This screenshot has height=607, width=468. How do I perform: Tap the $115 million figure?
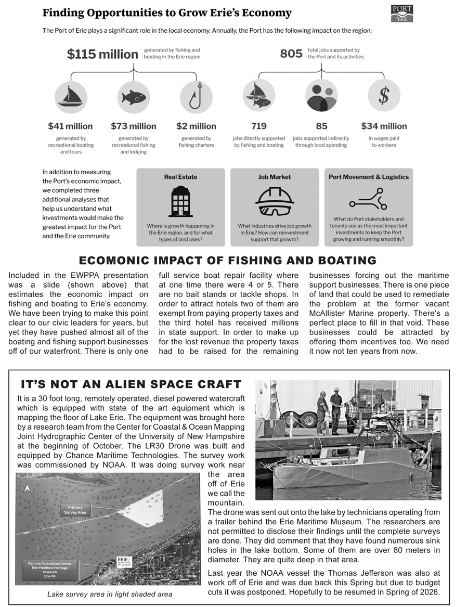102,54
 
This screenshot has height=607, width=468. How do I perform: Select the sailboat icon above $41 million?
71,96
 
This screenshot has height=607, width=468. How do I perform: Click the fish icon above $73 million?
134,97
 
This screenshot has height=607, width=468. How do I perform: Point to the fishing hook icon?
196,97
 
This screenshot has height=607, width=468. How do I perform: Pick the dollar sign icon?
384,96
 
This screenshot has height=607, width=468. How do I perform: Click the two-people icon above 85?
321,96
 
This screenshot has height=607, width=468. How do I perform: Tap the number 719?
258,126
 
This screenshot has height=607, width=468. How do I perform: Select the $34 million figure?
384,126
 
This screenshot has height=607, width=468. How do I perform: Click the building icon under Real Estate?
180,201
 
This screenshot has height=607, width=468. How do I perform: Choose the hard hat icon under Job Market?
275,201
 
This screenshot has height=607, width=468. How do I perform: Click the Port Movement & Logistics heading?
369,177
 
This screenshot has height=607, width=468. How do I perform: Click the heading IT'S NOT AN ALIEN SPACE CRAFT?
131,385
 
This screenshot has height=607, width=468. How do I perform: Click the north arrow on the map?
27,488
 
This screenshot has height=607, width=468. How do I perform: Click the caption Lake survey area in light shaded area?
110,594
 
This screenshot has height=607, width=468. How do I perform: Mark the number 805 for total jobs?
291,54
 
